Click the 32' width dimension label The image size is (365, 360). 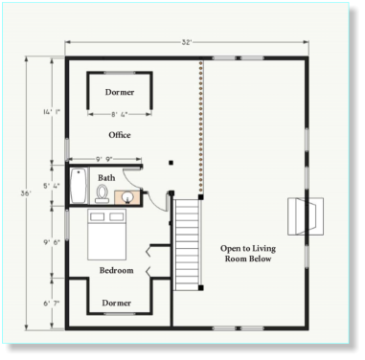pyautogui.click(x=187, y=42)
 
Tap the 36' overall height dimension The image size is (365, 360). pyautogui.click(x=26, y=193)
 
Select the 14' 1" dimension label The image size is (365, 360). pyautogui.click(x=52, y=112)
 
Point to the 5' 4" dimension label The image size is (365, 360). pyautogui.click(x=52, y=186)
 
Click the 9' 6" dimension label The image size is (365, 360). pyautogui.click(x=52, y=242)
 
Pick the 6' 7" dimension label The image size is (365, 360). pyautogui.click(x=52, y=304)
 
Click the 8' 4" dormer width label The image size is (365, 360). pyautogui.click(x=120, y=114)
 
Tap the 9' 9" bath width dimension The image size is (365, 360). pyautogui.click(x=104, y=159)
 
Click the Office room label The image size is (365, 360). pyautogui.click(x=120, y=135)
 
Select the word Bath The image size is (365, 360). pyautogui.click(x=106, y=177)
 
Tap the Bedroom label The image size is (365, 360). pyautogui.click(x=117, y=270)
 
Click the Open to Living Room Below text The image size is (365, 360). pyautogui.click(x=248, y=254)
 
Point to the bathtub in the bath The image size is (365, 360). pyautogui.click(x=79, y=186)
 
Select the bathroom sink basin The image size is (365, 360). pyautogui.click(x=128, y=197)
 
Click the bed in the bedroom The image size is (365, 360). pyautogui.click(x=107, y=235)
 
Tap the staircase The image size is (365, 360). pyautogui.click(x=187, y=245)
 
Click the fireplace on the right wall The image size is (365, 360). pyautogui.click(x=306, y=216)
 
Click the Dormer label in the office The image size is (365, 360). pyautogui.click(x=120, y=92)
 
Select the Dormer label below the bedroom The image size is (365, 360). pyautogui.click(x=117, y=303)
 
